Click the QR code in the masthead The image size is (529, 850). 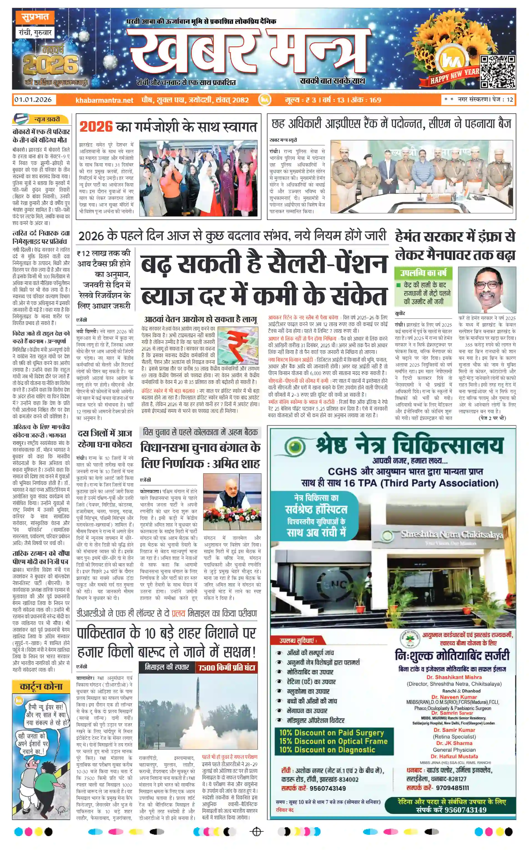click(x=497, y=71)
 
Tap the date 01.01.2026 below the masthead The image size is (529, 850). click(x=33, y=100)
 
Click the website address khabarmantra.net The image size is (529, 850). click(x=104, y=100)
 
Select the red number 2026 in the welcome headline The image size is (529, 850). click(x=96, y=127)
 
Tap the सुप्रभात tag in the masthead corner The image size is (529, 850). click(x=35, y=17)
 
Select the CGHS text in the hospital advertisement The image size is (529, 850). click(x=342, y=472)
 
